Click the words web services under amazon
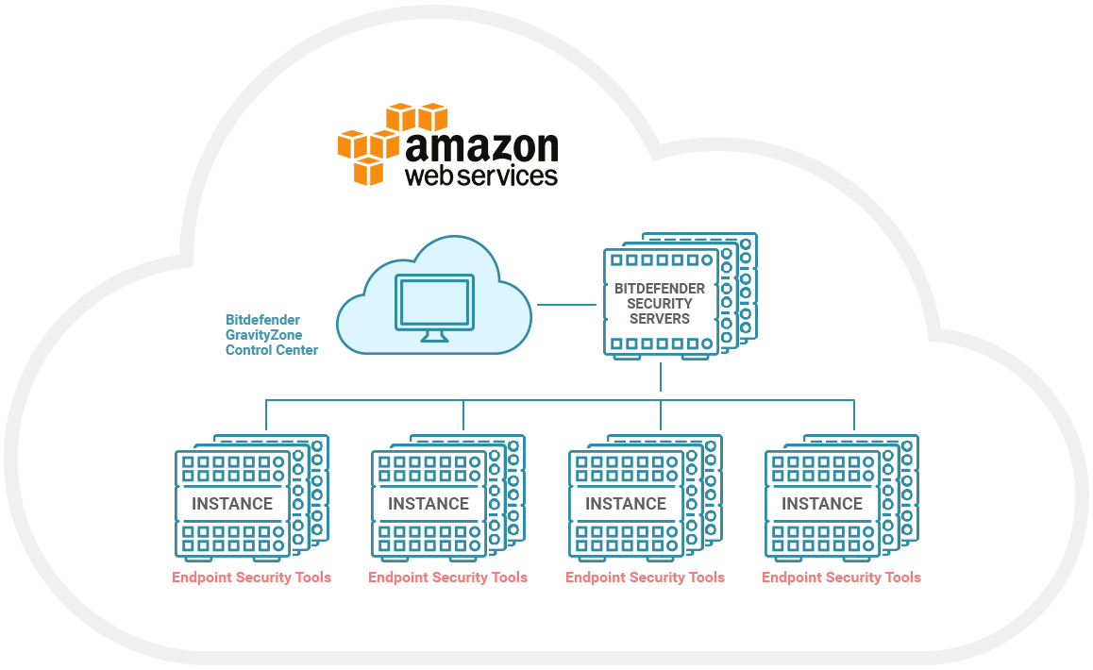coord(480,176)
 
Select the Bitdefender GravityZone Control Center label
coord(271,335)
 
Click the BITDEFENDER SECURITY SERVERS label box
coord(660,303)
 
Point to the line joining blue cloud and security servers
coord(567,304)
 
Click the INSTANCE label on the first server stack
coord(232,504)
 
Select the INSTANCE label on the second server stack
coord(429,504)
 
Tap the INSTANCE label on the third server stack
coord(626,504)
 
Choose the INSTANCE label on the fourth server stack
coord(822,504)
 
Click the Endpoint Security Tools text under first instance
coord(251,577)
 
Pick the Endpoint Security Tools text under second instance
coord(447,577)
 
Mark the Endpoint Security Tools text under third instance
coord(645,577)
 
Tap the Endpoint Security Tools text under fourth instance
coord(841,577)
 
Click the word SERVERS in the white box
coord(660,319)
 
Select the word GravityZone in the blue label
coord(262,335)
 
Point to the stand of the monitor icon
coord(434,335)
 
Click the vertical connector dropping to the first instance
coord(266,415)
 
